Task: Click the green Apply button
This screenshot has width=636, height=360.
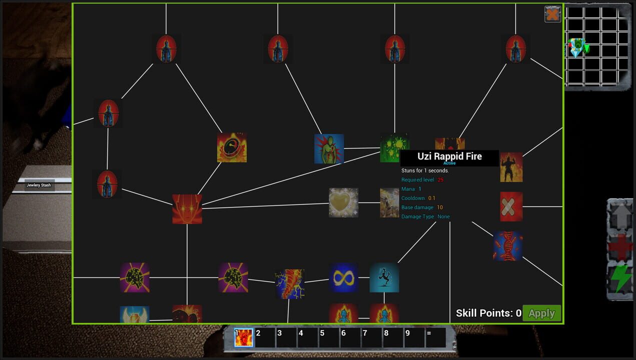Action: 541,313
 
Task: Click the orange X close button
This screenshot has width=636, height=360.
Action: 552,14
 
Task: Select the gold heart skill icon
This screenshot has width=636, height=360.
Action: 343,202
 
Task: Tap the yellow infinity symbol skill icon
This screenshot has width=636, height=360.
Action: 343,277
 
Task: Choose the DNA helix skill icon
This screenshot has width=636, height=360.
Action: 507,246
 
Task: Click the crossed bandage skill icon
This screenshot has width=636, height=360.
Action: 511,206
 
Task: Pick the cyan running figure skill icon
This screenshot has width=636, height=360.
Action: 384,278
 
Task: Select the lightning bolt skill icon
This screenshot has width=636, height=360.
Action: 289,284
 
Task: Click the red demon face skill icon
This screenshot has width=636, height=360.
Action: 187,209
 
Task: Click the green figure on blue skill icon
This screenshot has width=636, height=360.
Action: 329,148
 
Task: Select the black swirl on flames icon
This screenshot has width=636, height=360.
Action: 232,147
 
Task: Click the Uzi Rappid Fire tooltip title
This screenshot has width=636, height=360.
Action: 449,156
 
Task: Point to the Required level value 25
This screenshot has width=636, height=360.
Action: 440,179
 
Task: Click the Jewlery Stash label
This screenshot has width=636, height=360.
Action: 39,185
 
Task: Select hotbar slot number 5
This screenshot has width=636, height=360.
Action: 329,337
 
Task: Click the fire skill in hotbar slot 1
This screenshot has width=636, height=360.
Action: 244,337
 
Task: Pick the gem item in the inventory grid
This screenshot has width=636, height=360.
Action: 577,47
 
